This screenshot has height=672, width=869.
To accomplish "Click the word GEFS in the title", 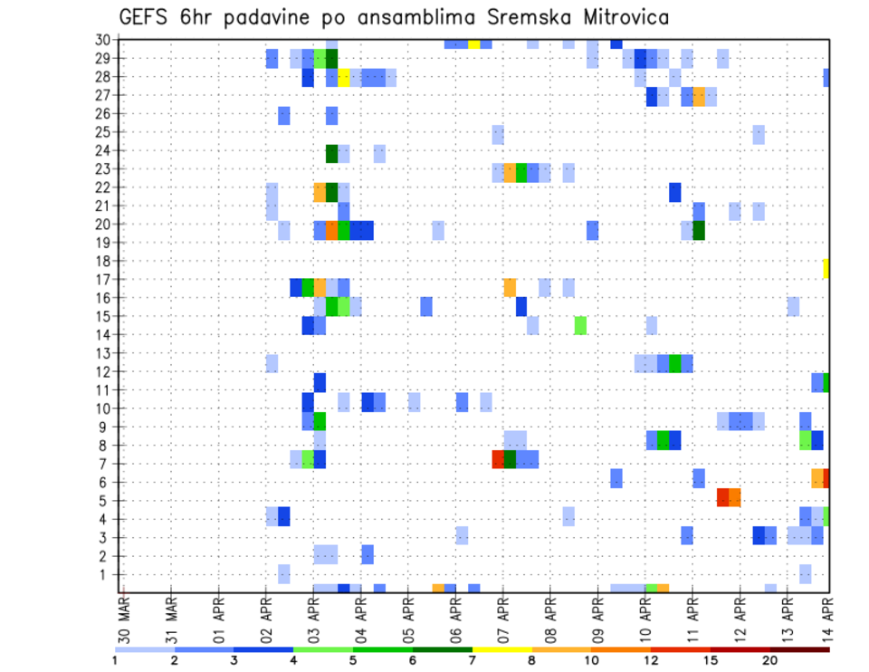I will (145, 17).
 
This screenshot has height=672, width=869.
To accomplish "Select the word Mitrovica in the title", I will (617, 17).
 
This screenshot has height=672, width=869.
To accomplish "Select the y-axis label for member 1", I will (105, 574).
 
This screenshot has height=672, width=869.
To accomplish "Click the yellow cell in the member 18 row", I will (826, 268).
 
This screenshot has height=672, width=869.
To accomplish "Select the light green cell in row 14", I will (580, 325).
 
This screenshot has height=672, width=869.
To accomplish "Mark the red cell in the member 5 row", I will (722, 497).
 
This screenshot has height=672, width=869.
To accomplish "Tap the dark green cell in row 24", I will (331, 153).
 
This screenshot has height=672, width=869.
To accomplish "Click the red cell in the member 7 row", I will (498, 459).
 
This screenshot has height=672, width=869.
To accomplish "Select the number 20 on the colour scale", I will (769, 660).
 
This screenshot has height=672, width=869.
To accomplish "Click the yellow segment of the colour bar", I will (501, 649).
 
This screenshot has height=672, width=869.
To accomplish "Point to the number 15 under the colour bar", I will (710, 660).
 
